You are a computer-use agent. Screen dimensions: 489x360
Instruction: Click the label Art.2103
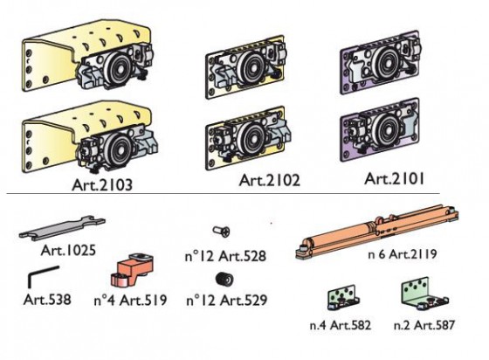pos(102,184)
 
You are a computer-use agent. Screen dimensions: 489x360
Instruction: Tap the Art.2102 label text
pos(270,180)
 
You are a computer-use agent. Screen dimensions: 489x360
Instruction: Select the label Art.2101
pos(394,179)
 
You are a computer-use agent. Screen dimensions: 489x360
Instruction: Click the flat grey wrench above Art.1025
pos(62,228)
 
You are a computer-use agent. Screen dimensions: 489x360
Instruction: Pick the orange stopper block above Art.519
pos(132,269)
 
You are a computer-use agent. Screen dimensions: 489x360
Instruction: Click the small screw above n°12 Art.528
pos(221,232)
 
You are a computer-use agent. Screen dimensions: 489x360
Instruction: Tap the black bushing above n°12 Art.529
pos(224,279)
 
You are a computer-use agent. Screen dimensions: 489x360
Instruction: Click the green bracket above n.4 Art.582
pos(343,297)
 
